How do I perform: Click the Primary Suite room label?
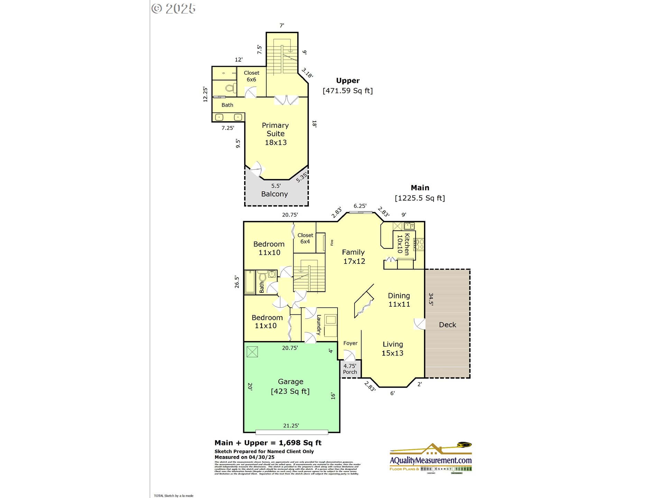275,134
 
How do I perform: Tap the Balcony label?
274,194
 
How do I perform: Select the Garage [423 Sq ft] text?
290,386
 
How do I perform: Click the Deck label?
447,325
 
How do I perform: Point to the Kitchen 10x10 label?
403,244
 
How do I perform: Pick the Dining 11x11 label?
399,300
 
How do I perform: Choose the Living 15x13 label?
393,349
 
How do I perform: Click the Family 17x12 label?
353,257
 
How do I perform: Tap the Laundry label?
319,325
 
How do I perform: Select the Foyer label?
350,343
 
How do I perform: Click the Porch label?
350,372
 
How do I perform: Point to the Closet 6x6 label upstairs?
251,76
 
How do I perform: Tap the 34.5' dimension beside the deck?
431,299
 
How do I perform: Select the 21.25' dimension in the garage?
291,426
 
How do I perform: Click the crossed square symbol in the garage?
252,352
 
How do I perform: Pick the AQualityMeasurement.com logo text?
431,461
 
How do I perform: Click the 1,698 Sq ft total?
300,443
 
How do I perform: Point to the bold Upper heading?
348,81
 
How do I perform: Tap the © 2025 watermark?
174,9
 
